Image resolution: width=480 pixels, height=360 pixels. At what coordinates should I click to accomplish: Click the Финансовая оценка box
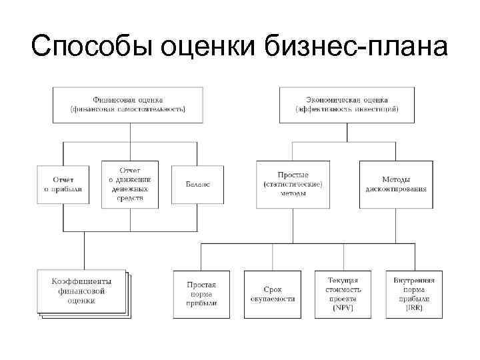click(129, 103)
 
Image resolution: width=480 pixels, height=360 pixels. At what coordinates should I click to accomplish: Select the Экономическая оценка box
click(347, 103)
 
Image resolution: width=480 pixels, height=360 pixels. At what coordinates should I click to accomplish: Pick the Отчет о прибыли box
click(63, 184)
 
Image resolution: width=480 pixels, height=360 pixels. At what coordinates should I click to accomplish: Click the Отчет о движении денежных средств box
click(130, 184)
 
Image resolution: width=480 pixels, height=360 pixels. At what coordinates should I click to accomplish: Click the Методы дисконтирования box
click(396, 184)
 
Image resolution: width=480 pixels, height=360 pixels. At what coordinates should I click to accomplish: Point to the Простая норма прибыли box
click(201, 295)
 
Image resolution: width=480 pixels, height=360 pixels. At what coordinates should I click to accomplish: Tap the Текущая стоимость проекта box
click(343, 295)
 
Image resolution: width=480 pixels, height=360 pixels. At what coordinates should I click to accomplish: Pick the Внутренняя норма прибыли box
click(414, 295)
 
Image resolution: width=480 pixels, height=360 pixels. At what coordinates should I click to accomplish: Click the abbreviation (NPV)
click(343, 308)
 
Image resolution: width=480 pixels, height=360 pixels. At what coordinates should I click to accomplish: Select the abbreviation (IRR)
click(414, 308)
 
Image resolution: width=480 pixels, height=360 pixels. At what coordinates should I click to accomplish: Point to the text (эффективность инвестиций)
click(347, 109)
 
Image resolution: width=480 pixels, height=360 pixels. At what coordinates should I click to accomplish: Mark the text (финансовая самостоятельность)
click(129, 109)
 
